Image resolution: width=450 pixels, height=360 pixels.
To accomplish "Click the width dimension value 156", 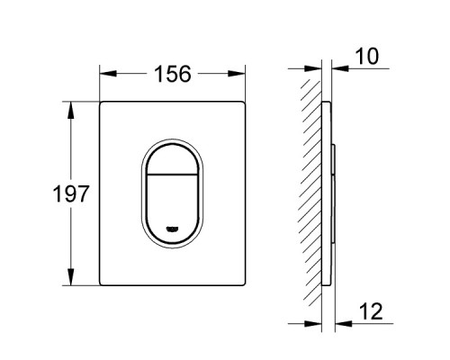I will click(x=172, y=74).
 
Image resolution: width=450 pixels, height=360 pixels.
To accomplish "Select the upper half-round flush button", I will click(x=171, y=157).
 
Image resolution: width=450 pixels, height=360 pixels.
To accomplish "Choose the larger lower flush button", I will click(x=171, y=202).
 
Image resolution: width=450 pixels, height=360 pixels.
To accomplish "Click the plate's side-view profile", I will click(x=328, y=193).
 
